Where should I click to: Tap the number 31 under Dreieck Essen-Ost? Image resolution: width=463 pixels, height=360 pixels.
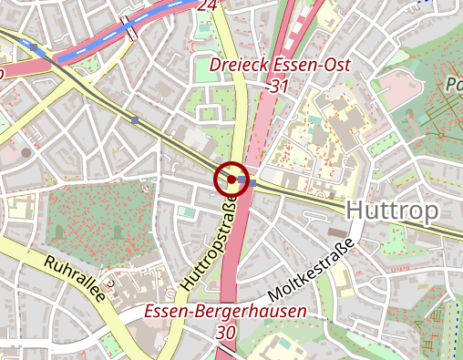point(281,86)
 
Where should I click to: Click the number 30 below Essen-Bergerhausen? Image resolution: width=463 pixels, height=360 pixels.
point(226,333)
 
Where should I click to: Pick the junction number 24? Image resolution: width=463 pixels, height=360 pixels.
point(208,5)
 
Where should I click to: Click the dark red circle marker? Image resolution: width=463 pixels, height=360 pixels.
point(231,180)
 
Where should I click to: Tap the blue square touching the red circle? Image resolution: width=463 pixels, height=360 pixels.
point(252,183)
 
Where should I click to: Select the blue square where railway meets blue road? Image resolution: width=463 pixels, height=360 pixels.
point(34,46)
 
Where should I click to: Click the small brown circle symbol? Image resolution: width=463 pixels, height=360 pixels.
point(26,151)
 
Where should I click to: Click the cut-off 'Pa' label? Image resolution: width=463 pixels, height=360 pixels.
point(453,87)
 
